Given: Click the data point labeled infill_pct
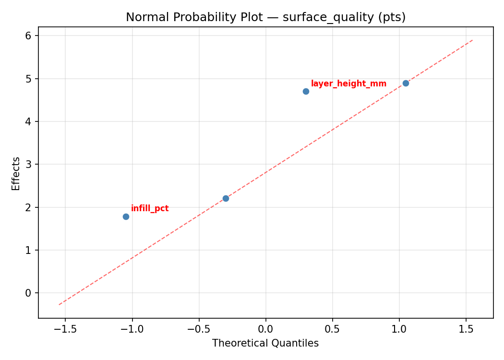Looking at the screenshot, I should coord(126,216).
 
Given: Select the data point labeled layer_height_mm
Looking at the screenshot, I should coord(306,91).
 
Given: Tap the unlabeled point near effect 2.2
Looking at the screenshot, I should coord(226,198).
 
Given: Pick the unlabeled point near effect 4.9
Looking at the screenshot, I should coord(406,83).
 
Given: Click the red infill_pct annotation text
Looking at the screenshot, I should coord(150,209).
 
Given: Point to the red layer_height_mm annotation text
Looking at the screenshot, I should coord(348,84).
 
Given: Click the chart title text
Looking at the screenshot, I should coord(265,17).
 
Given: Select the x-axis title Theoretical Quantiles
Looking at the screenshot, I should coord(265,343).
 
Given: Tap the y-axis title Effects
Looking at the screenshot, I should coord(16,173).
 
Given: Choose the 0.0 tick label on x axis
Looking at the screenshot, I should coord(265,329).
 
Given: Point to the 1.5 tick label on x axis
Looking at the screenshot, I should coord(466,329).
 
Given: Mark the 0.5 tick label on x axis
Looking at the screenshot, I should coord(332,329).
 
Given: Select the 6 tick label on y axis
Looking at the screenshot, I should coord(28,36).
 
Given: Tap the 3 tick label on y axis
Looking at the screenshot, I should coord(28,164).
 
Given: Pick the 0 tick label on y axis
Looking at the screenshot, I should coord(28,293).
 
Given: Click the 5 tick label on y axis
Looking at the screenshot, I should coord(28,78).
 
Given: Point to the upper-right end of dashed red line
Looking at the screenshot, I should coord(473,40).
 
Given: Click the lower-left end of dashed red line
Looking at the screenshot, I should coord(59,305).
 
